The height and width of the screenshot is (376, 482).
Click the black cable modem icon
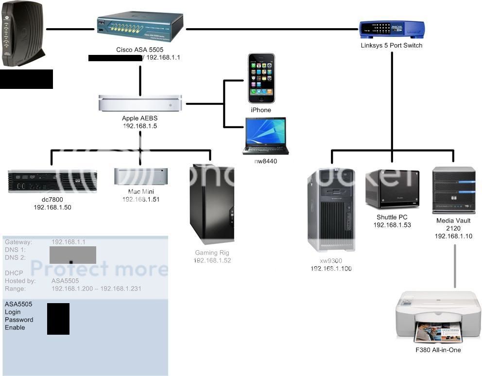click(x=23, y=34)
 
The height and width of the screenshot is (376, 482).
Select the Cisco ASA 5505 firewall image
click(x=140, y=28)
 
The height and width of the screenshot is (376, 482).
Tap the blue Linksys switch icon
click(x=391, y=30)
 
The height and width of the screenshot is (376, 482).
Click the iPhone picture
click(x=261, y=78)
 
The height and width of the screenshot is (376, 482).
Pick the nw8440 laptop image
click(x=265, y=136)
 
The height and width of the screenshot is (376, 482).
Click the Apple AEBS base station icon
click(x=140, y=103)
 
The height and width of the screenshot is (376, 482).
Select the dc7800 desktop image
click(x=52, y=181)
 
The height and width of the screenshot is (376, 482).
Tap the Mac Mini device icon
click(x=141, y=176)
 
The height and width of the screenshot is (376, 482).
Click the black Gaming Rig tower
click(x=212, y=204)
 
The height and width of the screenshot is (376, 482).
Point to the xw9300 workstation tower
click(x=331, y=209)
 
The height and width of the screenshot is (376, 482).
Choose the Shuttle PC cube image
click(x=392, y=189)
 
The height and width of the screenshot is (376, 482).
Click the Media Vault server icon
click(x=453, y=190)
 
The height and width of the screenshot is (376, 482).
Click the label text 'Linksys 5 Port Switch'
click(x=391, y=46)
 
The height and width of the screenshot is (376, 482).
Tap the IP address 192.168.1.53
click(x=392, y=225)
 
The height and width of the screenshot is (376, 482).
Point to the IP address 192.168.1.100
click(x=331, y=268)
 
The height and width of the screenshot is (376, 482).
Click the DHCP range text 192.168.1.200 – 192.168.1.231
click(x=96, y=289)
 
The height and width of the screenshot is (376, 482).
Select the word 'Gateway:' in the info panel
click(x=18, y=242)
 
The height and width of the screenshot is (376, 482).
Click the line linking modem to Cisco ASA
click(x=70, y=29)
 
